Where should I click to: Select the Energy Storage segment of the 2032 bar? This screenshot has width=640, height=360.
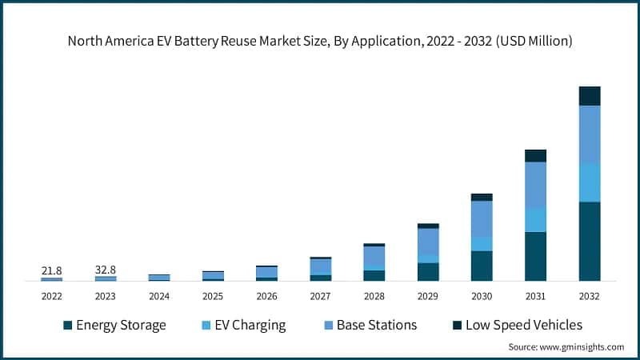pos(590,241)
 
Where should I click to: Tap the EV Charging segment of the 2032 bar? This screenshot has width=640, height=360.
pos(590,182)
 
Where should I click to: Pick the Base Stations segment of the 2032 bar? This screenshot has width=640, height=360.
pos(590,134)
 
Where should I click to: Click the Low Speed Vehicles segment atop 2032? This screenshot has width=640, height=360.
pos(590,96)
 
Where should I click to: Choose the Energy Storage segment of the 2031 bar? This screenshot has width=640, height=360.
pos(535,256)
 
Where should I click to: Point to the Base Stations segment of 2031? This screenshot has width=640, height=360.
pos(535,185)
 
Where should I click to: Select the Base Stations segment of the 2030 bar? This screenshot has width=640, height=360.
pos(482,218)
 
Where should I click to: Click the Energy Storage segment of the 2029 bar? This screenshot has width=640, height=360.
pos(428,272)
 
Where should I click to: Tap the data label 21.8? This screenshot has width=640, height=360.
pos(51,271)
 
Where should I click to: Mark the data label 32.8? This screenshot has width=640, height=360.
pos(106,270)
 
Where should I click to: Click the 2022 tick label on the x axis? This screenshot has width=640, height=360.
pos(51,296)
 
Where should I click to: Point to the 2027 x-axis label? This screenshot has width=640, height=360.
pos(320,296)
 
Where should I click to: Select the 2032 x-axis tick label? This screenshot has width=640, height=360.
pos(590,296)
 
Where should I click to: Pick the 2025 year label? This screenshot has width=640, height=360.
pos(213,296)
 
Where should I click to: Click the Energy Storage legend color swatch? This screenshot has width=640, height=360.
pos(68,326)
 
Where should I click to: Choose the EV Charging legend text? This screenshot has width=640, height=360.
pos(245,325)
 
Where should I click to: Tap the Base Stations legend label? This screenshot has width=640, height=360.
pos(376,325)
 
